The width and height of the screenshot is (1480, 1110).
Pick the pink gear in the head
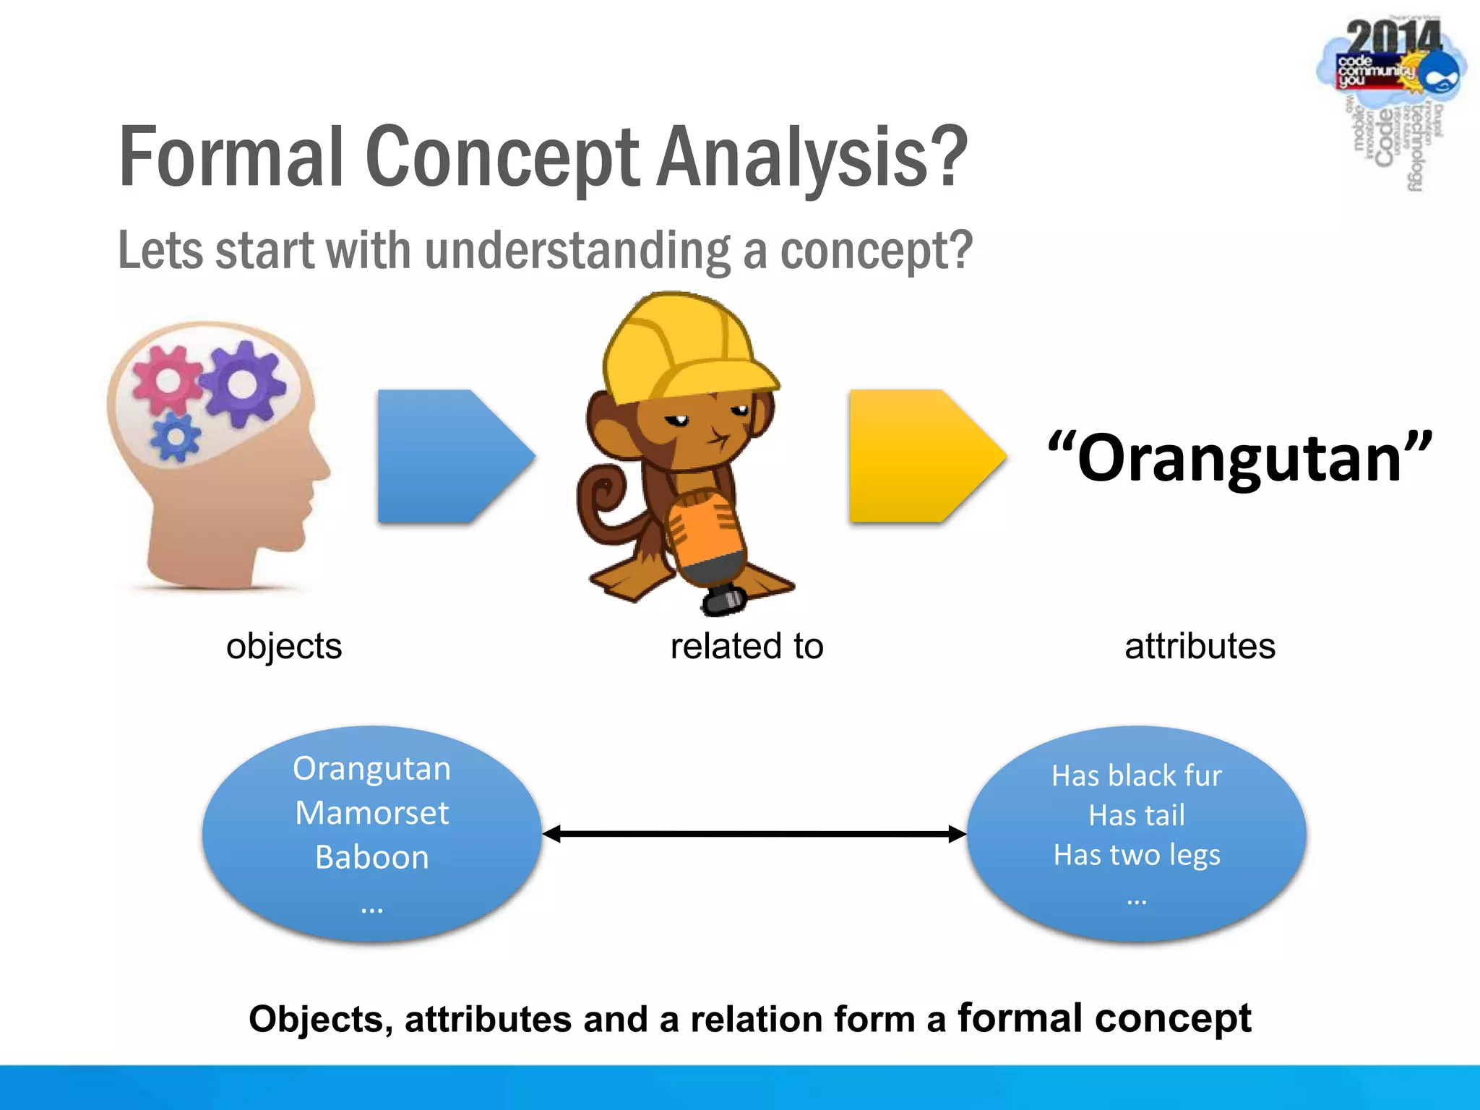coord(166,379)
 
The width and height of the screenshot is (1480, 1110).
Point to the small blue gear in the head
coord(176,437)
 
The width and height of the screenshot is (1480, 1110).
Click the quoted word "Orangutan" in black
coord(1239,458)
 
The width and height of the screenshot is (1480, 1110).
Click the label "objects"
coord(284,645)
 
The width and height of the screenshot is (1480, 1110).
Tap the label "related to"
coord(747,645)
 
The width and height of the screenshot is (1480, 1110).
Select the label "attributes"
coord(1200,645)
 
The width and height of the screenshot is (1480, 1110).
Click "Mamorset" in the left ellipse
coord(371,813)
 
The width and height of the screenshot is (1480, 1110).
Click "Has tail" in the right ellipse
coord(1137,815)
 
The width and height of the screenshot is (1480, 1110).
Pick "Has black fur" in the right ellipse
coord(1137,775)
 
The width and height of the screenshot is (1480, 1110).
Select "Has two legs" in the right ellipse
coord(1137,855)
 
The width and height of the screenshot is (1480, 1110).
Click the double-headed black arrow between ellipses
coord(754,834)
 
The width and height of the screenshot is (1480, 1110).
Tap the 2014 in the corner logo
coord(1393,38)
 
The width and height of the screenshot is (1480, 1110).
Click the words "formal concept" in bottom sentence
coord(1104,1017)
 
